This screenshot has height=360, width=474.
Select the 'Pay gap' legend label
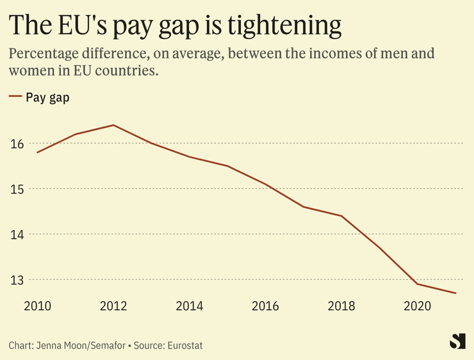47,97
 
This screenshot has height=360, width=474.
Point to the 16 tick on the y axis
17,144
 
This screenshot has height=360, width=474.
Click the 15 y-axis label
17,190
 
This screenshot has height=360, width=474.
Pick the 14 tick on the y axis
17,235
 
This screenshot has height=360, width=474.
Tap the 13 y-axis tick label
17,281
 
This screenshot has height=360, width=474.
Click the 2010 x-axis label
38,306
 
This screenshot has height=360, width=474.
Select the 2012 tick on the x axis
114,306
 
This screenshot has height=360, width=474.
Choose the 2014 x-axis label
190,306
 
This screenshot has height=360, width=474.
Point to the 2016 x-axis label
265,306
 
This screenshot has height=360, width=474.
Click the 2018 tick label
341,306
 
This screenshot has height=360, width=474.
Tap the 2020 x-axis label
417,306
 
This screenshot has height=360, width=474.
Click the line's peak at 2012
114,125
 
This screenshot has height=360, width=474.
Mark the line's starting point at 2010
38,152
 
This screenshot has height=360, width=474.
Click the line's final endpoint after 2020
455,293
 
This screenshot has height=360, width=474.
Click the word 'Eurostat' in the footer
184,345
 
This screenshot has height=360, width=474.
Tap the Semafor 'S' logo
457,341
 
